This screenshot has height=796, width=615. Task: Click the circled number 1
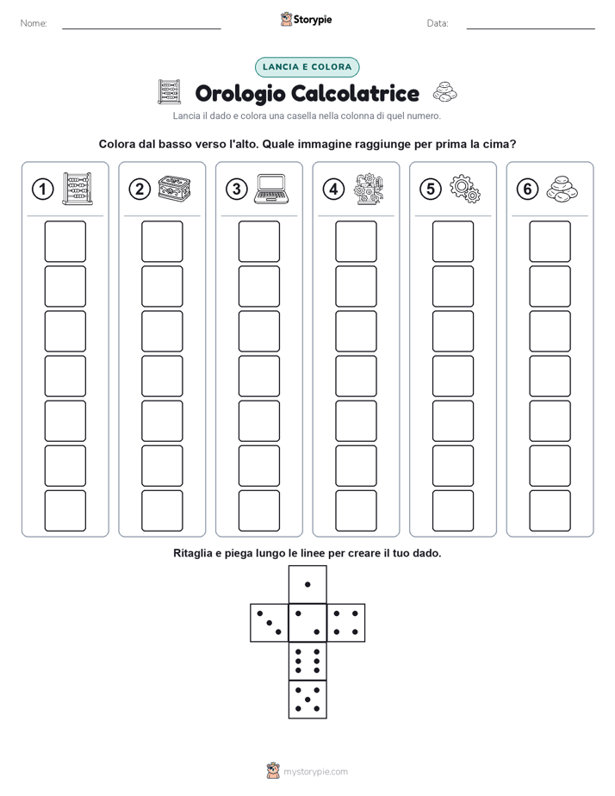[x=42, y=190]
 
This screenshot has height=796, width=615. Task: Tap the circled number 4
[x=333, y=190]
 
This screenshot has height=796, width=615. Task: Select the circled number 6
[x=527, y=190]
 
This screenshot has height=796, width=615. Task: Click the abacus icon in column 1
[x=78, y=189]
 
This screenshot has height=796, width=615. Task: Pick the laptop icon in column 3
[x=271, y=189]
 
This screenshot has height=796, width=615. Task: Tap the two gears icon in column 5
[x=465, y=189]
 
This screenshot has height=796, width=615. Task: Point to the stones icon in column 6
[x=562, y=190]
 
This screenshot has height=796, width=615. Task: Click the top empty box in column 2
[x=162, y=241]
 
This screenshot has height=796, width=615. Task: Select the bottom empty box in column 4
[x=356, y=511]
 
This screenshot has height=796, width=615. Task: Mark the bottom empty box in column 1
[x=65, y=511]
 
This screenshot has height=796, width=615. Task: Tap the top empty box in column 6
[x=550, y=241]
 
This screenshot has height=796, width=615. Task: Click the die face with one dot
[x=307, y=584]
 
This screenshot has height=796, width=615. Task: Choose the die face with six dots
[x=307, y=661]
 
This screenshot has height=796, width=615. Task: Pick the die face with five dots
[x=307, y=700]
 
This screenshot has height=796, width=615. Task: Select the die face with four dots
[x=346, y=623]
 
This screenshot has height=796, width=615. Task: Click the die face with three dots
[x=270, y=623]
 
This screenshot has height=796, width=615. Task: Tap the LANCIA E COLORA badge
[x=307, y=67]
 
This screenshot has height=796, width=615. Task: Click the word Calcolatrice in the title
[x=356, y=93]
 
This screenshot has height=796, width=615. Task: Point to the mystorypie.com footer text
[x=315, y=772]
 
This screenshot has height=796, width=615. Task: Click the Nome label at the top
[x=34, y=23]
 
